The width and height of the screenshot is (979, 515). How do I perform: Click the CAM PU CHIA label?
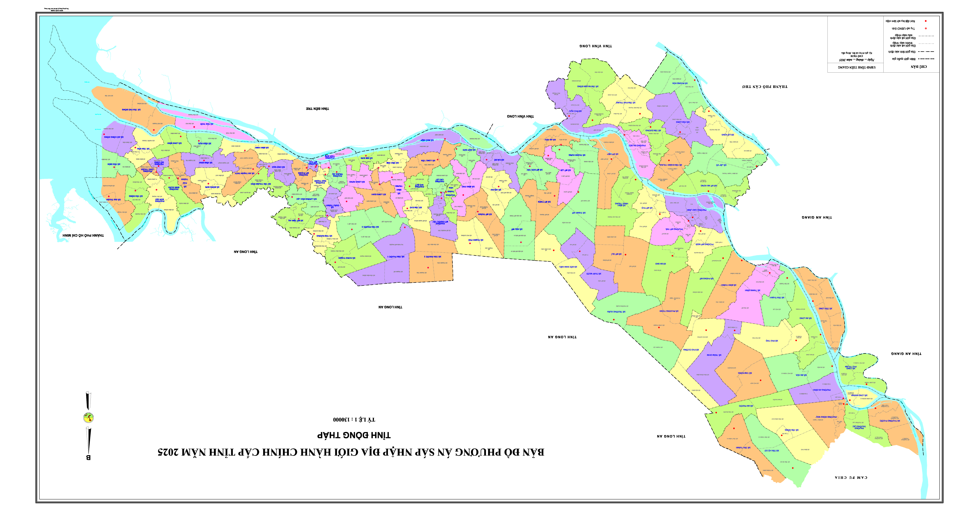pyautogui.click(x=851, y=477)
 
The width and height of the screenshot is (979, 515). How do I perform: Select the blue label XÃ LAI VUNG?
pyautogui.click(x=728, y=135)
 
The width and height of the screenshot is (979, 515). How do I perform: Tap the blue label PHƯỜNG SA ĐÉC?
pyautogui.click(x=637, y=145)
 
